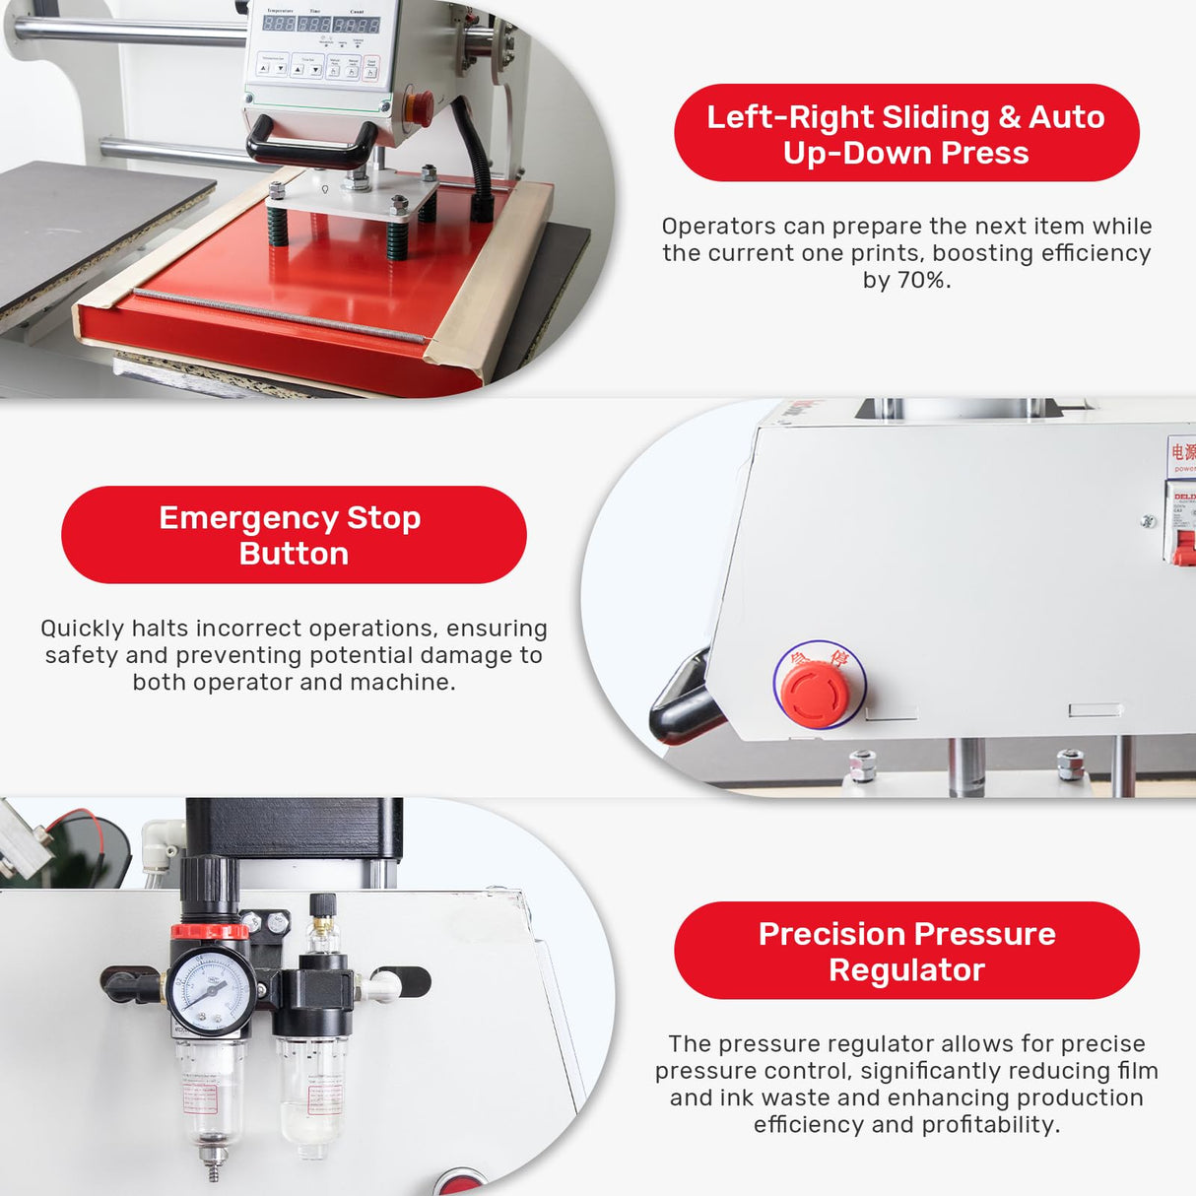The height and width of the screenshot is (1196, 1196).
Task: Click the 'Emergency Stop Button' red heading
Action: [x=293, y=535]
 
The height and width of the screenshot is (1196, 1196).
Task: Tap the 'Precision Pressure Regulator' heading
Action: [x=906, y=951]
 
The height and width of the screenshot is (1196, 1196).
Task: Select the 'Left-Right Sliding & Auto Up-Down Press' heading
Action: [x=906, y=134]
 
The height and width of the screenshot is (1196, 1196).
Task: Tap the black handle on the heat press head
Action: [x=311, y=146]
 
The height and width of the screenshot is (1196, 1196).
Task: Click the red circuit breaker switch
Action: [x=1183, y=547]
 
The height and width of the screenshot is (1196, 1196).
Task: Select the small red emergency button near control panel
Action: [x=419, y=105]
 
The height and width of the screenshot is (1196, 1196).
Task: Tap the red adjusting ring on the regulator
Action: [x=210, y=931]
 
